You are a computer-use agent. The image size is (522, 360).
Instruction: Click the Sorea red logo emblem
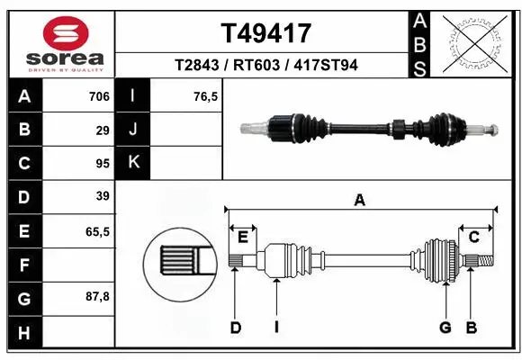pos(58,34)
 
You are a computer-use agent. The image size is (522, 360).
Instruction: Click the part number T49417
pos(265,33)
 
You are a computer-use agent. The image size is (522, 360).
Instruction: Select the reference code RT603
pos(266,64)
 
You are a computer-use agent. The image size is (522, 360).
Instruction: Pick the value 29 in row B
pos(102,130)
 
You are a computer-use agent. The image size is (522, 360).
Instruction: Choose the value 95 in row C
pos(102,163)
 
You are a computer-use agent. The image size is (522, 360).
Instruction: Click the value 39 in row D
pos(102,196)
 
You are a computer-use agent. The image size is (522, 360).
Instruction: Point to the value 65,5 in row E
pos(97,230)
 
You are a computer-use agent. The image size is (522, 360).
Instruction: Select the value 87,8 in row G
pos(97,296)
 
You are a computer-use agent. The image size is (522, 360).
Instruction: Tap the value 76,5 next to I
pos(208,96)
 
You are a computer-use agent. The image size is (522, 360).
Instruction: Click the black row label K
pos(134,163)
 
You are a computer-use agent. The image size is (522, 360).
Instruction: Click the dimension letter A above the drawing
pos(360,201)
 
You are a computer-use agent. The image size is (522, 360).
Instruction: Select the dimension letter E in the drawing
pos(242,237)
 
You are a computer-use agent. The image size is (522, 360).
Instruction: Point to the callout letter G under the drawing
pos(445,328)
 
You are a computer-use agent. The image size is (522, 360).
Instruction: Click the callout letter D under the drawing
pos(235,328)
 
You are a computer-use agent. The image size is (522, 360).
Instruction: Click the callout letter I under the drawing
pos(278,328)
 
